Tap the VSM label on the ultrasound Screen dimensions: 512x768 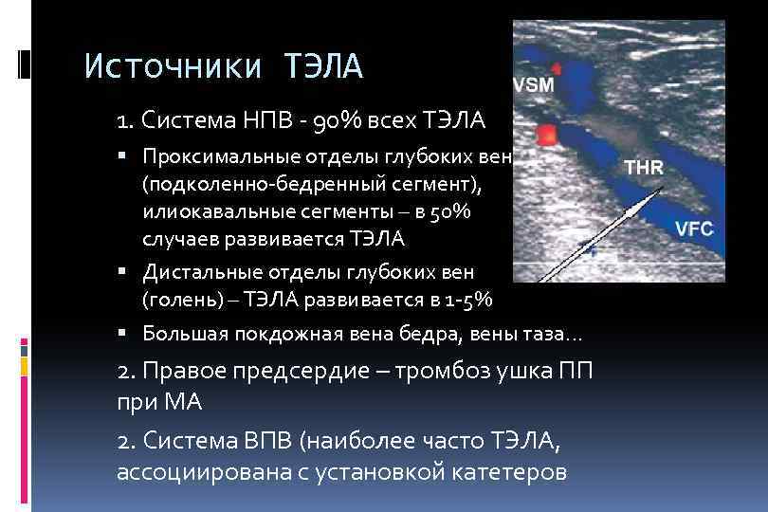point(534,84)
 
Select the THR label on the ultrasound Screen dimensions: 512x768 point(644,167)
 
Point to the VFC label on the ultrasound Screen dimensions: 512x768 point(694,229)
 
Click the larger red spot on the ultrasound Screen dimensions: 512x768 point(544,136)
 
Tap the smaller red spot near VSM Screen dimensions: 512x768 point(556,68)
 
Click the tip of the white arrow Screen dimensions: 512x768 point(660,190)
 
